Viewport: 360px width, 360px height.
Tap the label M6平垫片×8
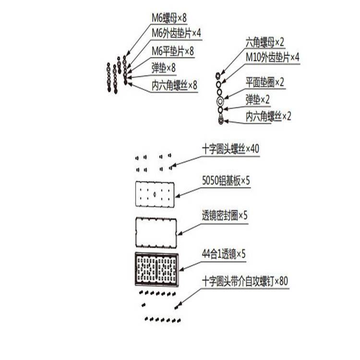173,50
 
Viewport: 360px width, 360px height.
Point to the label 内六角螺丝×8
174,86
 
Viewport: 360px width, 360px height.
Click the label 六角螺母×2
265,42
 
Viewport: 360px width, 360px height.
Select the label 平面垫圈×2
265,82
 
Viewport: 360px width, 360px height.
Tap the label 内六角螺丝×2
268,116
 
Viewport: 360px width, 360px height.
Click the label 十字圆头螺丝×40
230,149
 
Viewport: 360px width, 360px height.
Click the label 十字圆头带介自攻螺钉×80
245,281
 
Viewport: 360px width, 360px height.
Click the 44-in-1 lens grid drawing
157,269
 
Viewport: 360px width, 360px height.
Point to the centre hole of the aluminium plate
156,194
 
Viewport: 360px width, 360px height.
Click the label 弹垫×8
163,68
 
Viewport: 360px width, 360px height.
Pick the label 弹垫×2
258,99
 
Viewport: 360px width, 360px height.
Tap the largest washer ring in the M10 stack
220,101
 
